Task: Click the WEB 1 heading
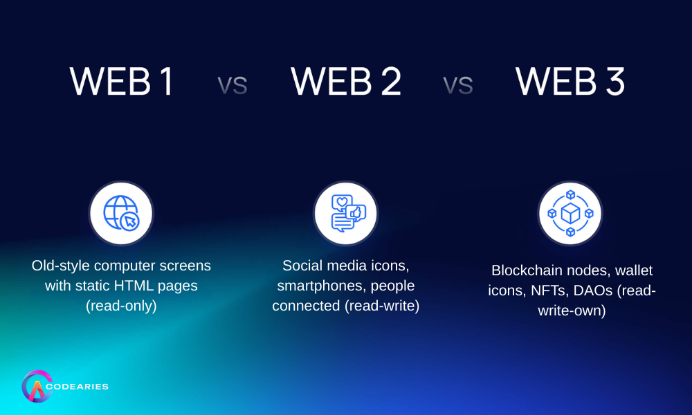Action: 122,82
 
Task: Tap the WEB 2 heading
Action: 346,82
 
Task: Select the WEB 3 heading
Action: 570,82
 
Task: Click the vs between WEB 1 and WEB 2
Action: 233,86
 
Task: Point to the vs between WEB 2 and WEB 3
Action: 458,86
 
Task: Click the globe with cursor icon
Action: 121,213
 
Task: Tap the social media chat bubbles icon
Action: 346,213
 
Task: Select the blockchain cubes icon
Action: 570,213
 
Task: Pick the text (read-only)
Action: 121,305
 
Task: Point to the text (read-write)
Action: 382,305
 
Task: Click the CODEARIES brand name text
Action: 81,387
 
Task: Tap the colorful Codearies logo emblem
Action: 37,387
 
